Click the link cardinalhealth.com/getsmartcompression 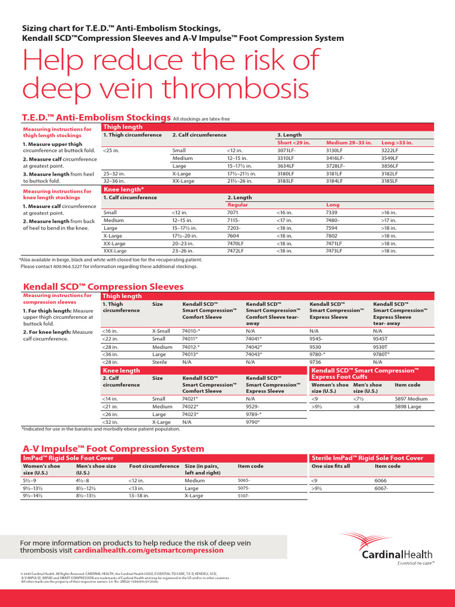click(149, 550)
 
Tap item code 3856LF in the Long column click(390, 167)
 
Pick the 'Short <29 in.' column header click(293, 143)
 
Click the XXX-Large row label click(115, 251)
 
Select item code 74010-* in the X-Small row click(191, 331)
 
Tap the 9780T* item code click(382, 354)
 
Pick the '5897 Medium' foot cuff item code click(411, 399)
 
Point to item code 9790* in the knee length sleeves click(253, 421)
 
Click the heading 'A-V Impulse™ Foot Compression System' click(113, 449)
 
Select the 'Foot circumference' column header click(154, 467)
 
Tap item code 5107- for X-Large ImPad click(244, 496)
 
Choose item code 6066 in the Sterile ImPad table click(380, 481)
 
